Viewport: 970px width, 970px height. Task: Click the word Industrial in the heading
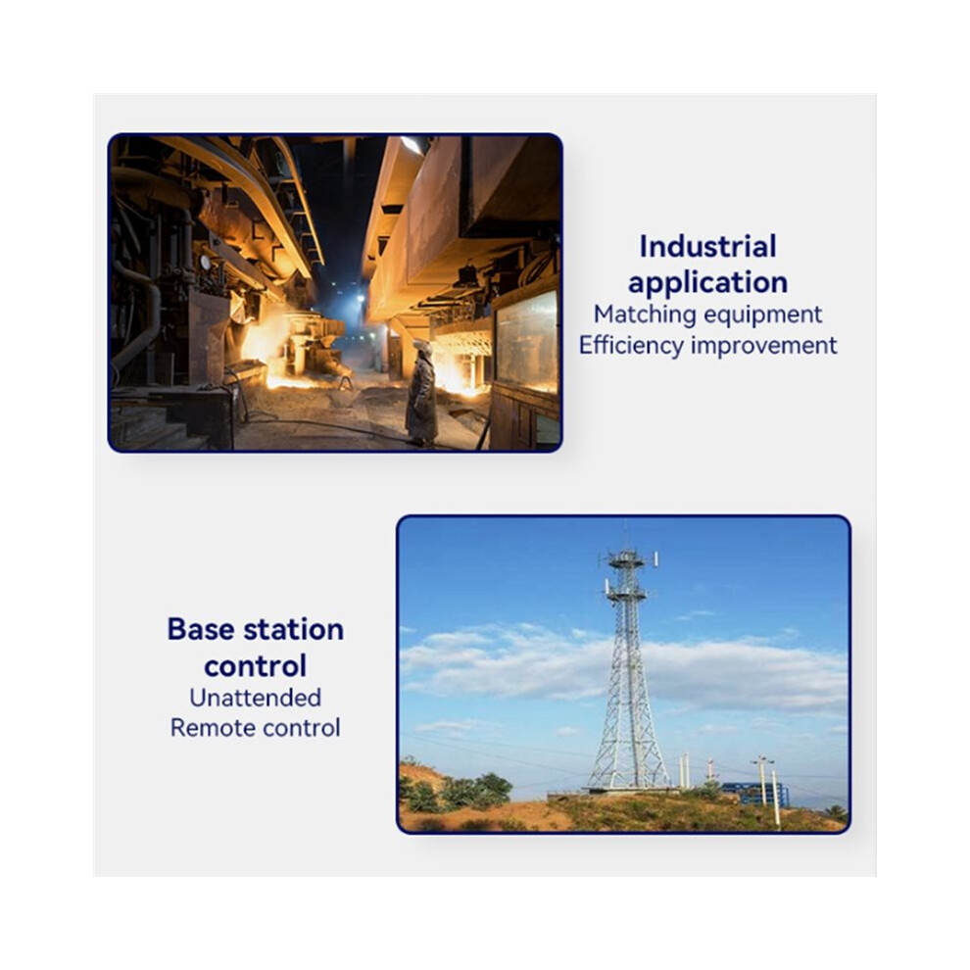[707, 246]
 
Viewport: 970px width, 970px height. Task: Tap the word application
[707, 283]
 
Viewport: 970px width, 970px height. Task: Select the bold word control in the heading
[255, 666]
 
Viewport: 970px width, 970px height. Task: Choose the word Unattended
[255, 698]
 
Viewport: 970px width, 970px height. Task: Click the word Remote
[209, 728]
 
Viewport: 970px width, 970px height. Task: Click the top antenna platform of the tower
[627, 560]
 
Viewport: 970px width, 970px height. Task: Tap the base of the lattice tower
[628, 786]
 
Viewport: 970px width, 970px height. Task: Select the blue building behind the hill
[754, 793]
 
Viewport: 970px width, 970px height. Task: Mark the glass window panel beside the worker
[526, 342]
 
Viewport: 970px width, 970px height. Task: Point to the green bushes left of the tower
[458, 792]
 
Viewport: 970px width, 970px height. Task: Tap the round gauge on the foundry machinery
[205, 263]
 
